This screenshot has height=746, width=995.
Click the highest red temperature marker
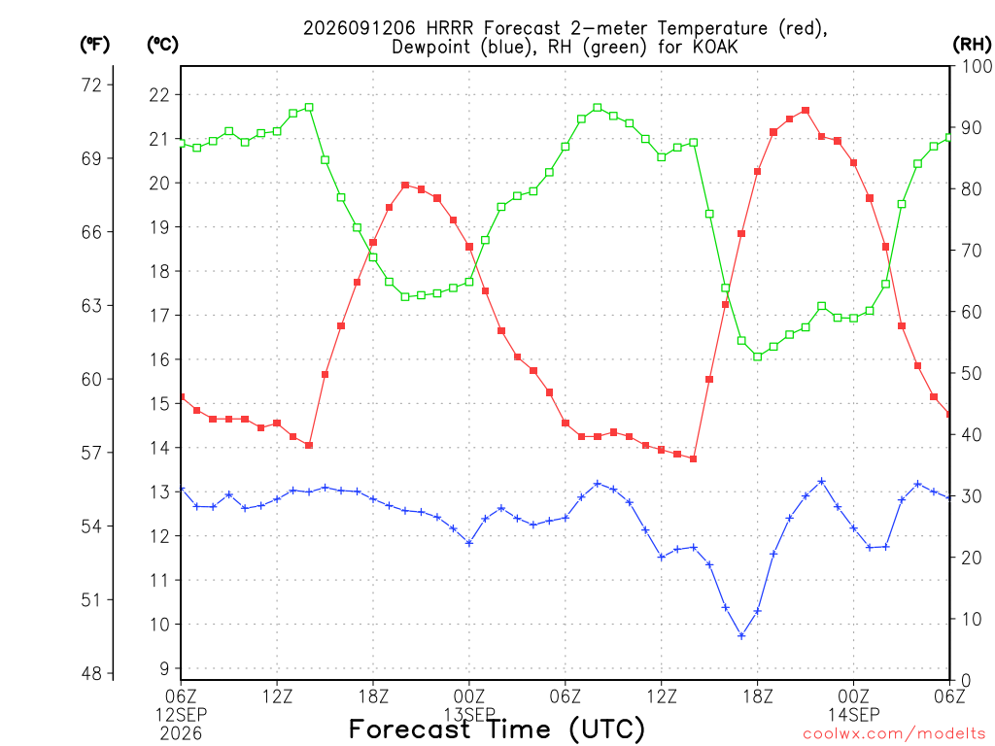pyautogui.click(x=806, y=111)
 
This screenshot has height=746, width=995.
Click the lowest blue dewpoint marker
pyautogui.click(x=741, y=635)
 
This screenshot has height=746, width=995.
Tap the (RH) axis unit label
pyautogui.click(x=972, y=44)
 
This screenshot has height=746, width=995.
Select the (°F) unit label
pyautogui.click(x=94, y=44)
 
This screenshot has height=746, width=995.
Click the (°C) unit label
pyautogui.click(x=162, y=44)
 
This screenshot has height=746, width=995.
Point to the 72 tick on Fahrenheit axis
pyautogui.click(x=91, y=85)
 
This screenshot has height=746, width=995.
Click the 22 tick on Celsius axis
pyautogui.click(x=159, y=95)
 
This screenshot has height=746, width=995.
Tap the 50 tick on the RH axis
pyautogui.click(x=972, y=373)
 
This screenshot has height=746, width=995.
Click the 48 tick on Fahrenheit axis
pyautogui.click(x=91, y=673)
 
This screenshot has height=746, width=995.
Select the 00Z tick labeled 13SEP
pyautogui.click(x=469, y=696)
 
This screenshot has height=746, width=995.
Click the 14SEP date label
pyautogui.click(x=853, y=715)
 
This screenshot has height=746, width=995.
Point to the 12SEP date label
pyautogui.click(x=181, y=715)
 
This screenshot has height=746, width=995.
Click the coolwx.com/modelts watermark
pyautogui.click(x=894, y=734)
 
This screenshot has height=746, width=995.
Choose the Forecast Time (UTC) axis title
pyautogui.click(x=497, y=729)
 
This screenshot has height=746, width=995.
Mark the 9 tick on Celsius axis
pyautogui.click(x=165, y=668)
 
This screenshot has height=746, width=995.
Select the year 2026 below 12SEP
pyautogui.click(x=181, y=734)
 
